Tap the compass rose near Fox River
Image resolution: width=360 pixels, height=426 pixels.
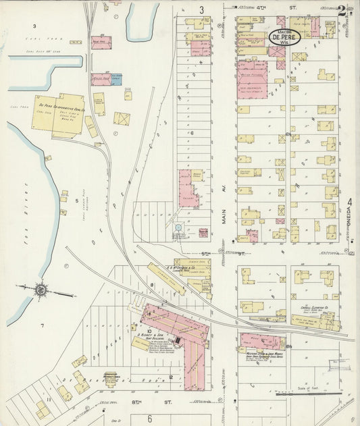coord(41,290)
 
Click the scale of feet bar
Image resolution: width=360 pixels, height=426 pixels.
coord(308,393)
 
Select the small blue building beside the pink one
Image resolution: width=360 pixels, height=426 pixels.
coord(117,79)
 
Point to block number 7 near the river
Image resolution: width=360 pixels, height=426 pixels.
coord(41,325)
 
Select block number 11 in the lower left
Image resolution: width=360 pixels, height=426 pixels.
coord(48,400)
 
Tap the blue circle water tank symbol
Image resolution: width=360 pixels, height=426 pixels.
coord(178,228)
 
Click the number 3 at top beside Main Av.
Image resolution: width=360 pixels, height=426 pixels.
coord(201,9)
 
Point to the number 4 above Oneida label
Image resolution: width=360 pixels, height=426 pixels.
coord(350,202)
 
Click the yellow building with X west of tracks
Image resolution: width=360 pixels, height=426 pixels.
coord(122,119)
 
